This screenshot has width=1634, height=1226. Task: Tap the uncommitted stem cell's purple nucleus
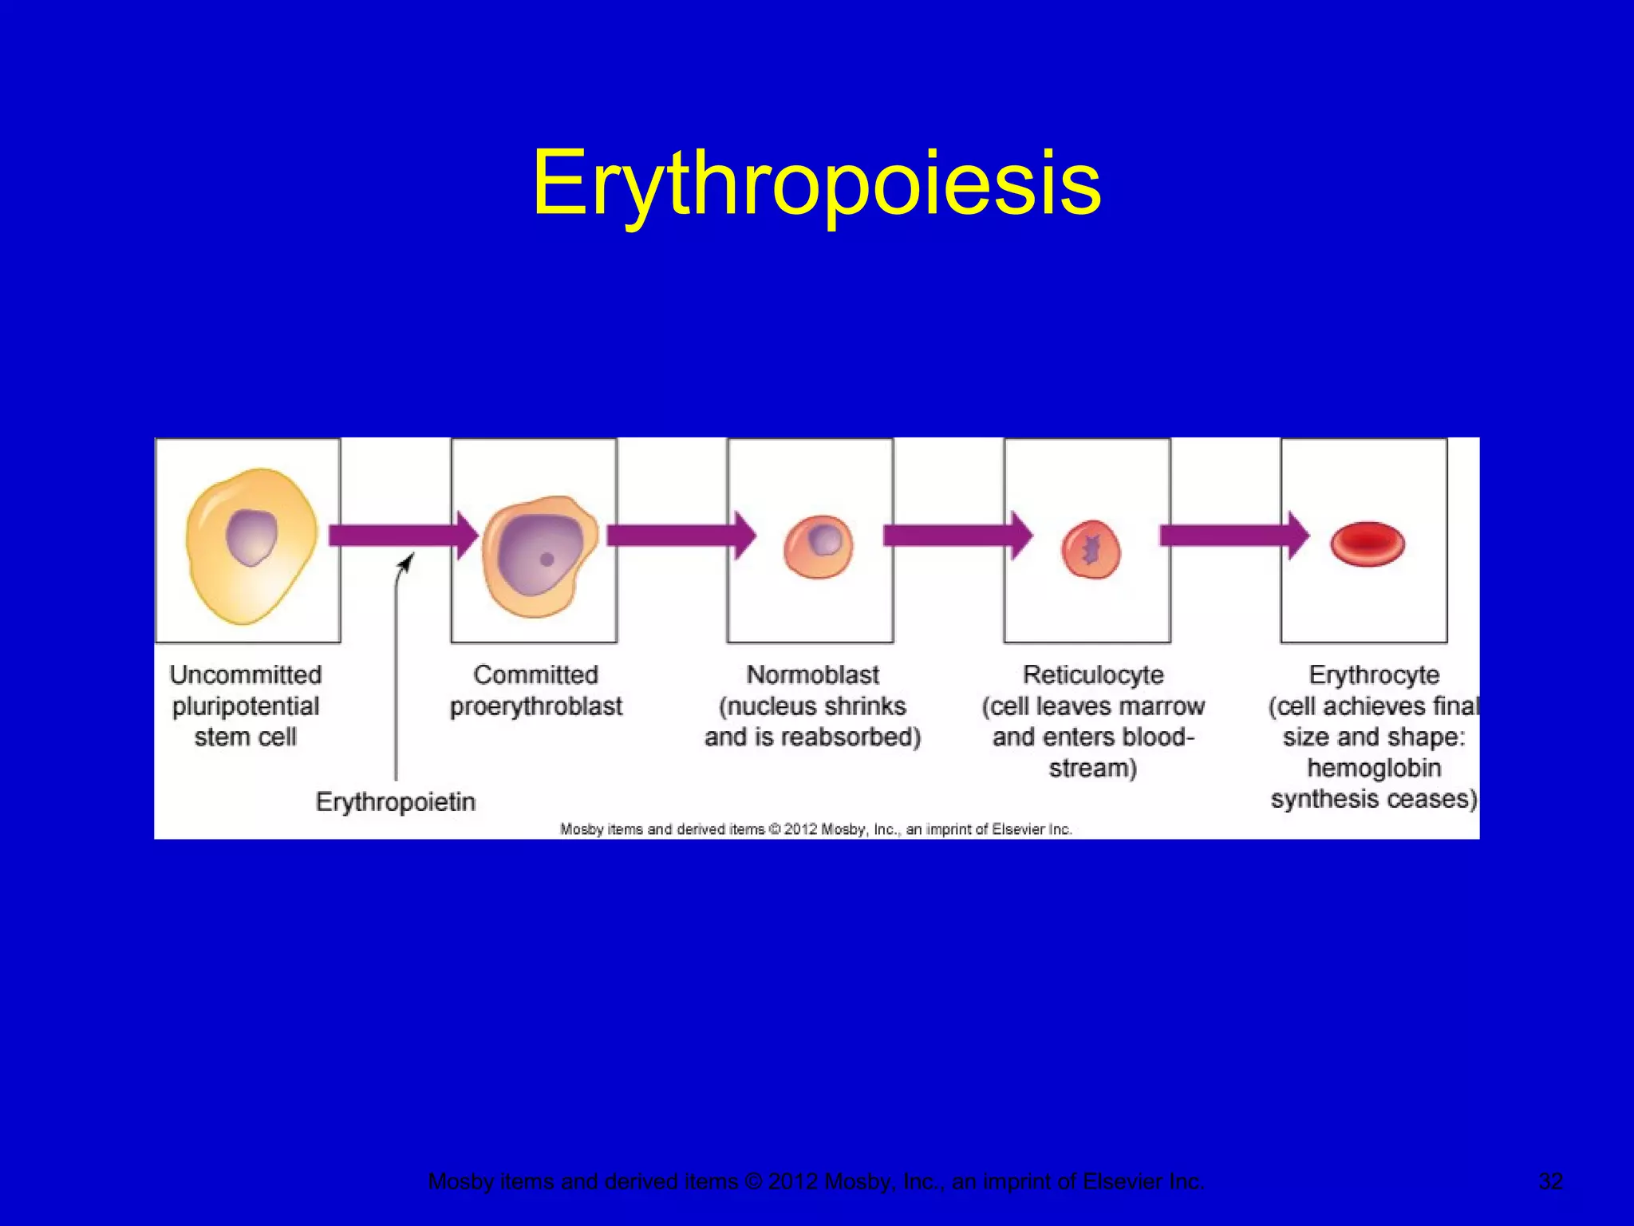[x=251, y=538]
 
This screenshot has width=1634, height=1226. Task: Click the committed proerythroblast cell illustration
[x=539, y=556]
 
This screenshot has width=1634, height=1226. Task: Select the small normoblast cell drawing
[x=818, y=546]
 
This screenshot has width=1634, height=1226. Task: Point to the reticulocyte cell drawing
[x=1091, y=549]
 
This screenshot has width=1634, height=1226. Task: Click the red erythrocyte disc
[x=1368, y=544]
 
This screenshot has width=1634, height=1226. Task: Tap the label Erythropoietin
[x=396, y=801]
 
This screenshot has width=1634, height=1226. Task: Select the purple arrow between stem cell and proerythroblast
[x=399, y=535]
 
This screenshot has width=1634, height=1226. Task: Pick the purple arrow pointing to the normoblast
[x=678, y=535]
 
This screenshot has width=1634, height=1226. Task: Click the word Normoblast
[x=812, y=675]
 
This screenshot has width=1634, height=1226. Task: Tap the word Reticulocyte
[x=1093, y=675]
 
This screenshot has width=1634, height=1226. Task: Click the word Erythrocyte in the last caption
[x=1374, y=675]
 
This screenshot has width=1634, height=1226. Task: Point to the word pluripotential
[x=246, y=706]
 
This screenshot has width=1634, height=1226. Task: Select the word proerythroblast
[x=536, y=706]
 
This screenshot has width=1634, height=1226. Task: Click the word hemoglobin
[x=1374, y=768]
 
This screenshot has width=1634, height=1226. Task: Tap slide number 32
[x=1550, y=1181]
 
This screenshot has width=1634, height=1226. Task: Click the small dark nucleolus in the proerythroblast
[x=547, y=560]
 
